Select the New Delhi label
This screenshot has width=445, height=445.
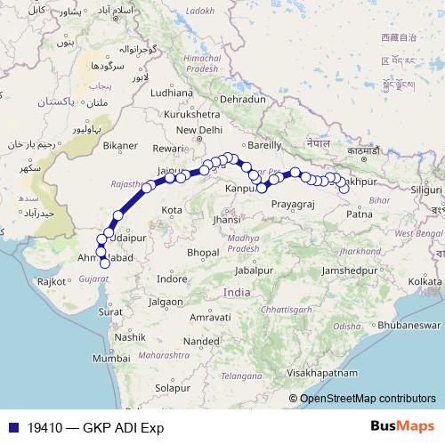198,130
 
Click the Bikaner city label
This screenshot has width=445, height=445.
120,145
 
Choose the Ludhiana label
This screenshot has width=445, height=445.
172,92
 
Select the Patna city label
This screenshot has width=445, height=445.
360,214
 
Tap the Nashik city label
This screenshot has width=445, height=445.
129,338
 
